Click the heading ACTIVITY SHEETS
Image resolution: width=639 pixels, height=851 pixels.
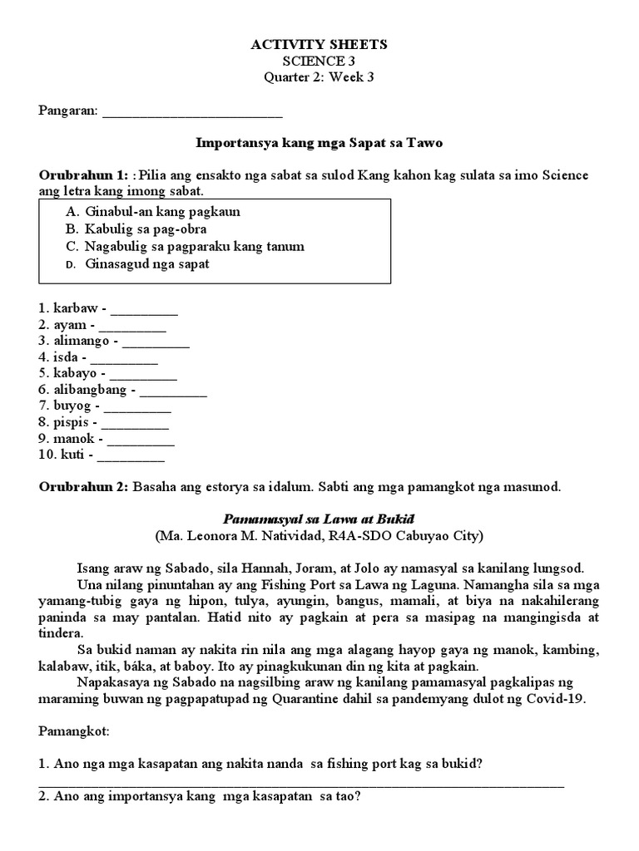[319, 45]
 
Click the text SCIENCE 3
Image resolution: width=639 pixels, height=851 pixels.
[319, 61]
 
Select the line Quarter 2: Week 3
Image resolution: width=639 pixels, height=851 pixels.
[319, 78]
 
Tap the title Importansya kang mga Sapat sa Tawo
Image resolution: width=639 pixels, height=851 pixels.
[319, 143]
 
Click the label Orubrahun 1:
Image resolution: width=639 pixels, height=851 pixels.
[83, 175]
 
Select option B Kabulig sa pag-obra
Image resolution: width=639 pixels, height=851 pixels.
[146, 229]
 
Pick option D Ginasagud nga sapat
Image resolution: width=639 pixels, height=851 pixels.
[147, 263]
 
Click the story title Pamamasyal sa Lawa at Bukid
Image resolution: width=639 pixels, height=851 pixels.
[319, 519]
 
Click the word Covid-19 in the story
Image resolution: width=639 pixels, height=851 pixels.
[559, 699]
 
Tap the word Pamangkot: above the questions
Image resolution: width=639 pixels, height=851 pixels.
[71, 734]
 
